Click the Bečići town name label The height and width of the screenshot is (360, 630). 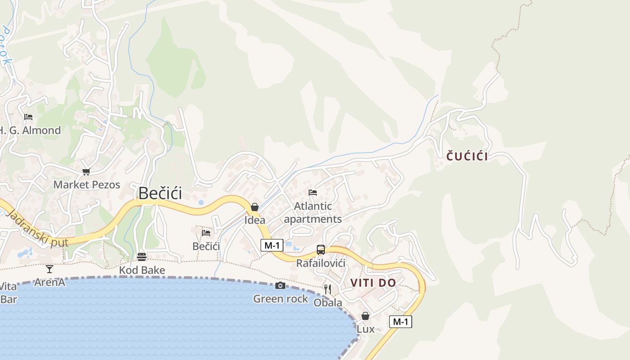(160, 193)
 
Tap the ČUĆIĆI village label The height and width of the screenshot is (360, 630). (467, 157)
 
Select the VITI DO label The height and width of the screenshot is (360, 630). (373, 283)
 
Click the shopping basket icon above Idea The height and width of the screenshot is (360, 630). (255, 207)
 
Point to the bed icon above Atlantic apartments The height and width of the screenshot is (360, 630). (313, 193)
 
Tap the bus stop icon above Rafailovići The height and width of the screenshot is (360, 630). (321, 250)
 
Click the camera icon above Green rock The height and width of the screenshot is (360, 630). (280, 286)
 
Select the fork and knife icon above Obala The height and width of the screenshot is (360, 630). (328, 289)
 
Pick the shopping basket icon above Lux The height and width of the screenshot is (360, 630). (365, 316)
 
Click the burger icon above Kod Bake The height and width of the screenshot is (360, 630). (142, 257)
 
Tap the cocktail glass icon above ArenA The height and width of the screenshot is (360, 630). (49, 269)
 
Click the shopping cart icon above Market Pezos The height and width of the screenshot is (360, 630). (86, 171)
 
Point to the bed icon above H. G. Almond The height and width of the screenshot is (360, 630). (28, 117)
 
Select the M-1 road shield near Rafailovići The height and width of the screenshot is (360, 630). (272, 245)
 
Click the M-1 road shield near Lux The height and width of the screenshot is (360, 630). (400, 322)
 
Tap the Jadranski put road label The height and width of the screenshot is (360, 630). (38, 229)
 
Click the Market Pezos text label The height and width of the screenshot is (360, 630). (87, 184)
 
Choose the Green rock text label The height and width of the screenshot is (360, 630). (281, 299)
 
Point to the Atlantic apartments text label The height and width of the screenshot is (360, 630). (313, 212)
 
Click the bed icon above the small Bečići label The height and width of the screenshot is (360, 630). (206, 233)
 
